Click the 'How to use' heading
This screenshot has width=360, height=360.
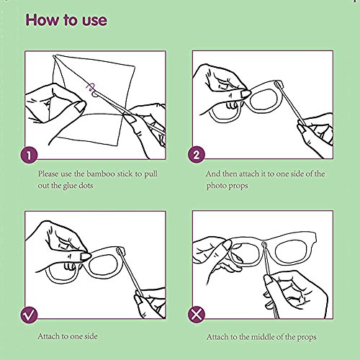pyautogui.click(x=66, y=20)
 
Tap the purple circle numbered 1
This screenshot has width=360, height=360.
pyautogui.click(x=29, y=155)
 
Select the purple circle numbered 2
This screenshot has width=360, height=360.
pyautogui.click(x=197, y=155)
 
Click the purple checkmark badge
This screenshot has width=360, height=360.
pyautogui.click(x=29, y=315)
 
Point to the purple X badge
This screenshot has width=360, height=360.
pyautogui.click(x=197, y=315)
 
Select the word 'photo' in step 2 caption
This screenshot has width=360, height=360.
pyautogui.click(x=215, y=186)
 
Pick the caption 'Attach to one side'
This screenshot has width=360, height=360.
pyautogui.click(x=68, y=336)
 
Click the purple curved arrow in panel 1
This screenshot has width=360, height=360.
pyautogui.click(x=91, y=86)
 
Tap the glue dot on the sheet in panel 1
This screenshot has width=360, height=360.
pyautogui.click(x=95, y=94)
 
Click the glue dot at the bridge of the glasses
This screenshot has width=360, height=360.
pyautogui.click(x=264, y=245)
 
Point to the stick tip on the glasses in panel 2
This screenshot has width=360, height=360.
pyautogui.click(x=277, y=84)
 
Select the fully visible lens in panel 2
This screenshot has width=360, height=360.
pyautogui.click(x=264, y=99)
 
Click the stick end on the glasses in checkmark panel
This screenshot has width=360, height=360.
pyautogui.click(x=119, y=251)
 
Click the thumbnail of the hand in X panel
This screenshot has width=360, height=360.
pyautogui.click(x=226, y=246)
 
